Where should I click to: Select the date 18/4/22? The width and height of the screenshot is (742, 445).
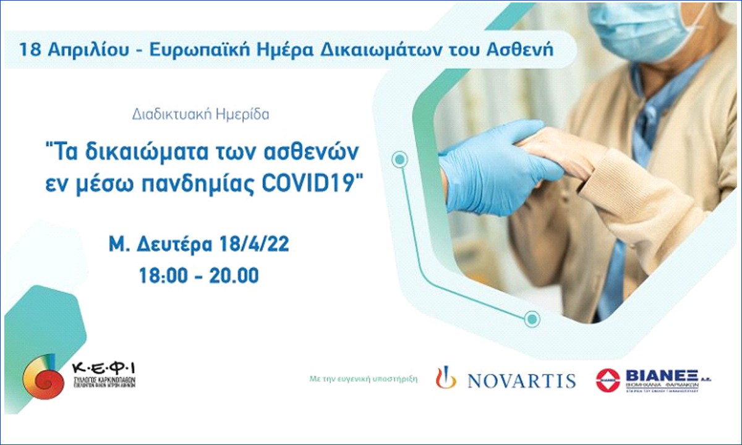(x=255, y=245)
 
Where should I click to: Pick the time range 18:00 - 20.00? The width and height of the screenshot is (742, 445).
(x=200, y=275)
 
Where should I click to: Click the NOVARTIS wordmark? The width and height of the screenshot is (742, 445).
(x=521, y=380)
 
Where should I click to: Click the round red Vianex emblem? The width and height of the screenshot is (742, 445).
(x=608, y=379)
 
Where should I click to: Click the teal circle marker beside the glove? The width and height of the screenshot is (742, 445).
(x=401, y=160)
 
